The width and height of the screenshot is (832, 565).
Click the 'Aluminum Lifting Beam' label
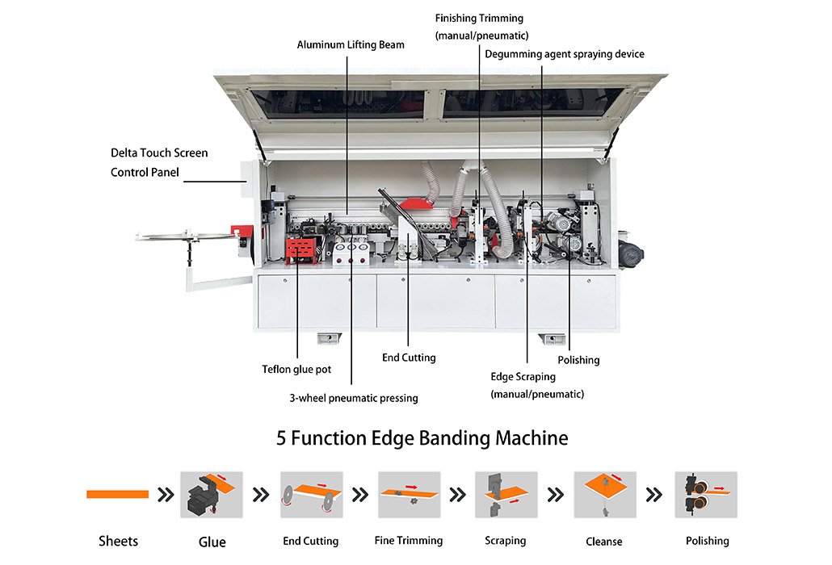click(x=351, y=45)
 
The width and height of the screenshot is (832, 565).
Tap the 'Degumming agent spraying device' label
click(x=565, y=54)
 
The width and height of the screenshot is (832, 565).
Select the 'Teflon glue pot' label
click(x=296, y=370)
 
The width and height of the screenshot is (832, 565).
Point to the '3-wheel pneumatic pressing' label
click(x=353, y=398)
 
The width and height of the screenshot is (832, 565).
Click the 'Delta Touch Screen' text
click(x=159, y=153)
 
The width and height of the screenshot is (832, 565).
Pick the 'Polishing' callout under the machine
click(x=578, y=361)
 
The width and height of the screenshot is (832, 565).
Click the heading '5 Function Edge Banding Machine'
click(x=422, y=438)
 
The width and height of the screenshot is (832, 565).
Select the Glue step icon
click(x=212, y=495)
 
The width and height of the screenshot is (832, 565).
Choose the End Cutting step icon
click(x=312, y=495)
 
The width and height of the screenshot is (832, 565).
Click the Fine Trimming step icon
click(x=409, y=495)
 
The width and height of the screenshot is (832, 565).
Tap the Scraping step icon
click(x=506, y=495)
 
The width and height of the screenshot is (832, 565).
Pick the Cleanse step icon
click(x=605, y=495)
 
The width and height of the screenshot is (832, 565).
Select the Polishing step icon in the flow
click(x=706, y=495)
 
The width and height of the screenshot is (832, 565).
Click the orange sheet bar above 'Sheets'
click(x=117, y=495)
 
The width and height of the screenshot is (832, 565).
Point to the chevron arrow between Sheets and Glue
click(x=166, y=495)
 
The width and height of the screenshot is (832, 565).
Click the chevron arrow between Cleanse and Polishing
click(x=654, y=495)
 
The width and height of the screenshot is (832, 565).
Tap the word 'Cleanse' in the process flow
click(x=604, y=542)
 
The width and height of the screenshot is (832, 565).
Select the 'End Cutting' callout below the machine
click(x=409, y=358)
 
